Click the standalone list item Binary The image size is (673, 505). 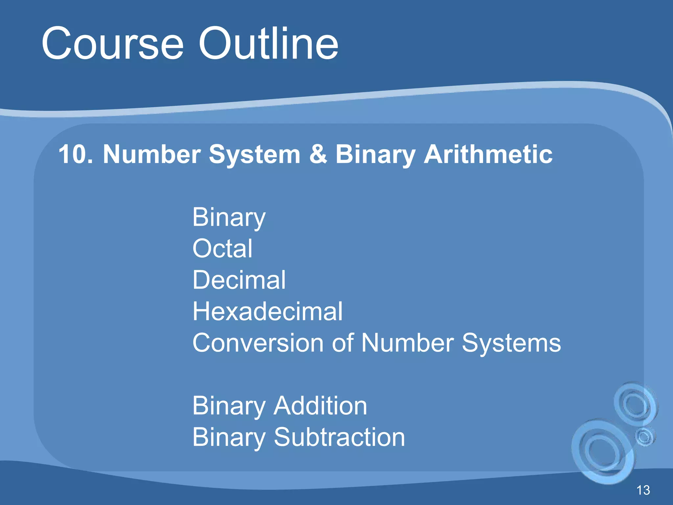click(x=229, y=218)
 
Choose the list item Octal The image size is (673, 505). click(x=222, y=249)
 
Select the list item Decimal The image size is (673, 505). click(x=239, y=280)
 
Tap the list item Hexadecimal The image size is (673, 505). click(x=267, y=311)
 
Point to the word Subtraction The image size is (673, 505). click(x=339, y=437)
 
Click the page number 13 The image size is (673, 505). click(x=643, y=490)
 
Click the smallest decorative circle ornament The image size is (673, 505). click(x=644, y=437)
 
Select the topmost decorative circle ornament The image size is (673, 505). click(x=635, y=404)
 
